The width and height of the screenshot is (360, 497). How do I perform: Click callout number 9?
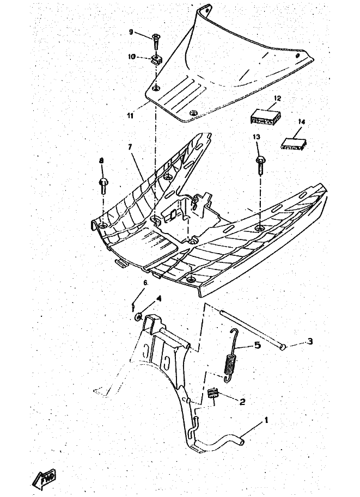pos(131,32)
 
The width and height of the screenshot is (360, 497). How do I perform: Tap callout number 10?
pos(132,56)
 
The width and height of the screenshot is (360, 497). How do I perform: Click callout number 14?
pos(302,122)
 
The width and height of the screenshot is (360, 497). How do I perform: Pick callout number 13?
pos(256,137)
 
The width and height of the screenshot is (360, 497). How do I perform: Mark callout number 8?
pos(101,161)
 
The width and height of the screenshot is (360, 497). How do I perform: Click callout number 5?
pos(257,345)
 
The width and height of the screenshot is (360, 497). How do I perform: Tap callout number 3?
pos(309,341)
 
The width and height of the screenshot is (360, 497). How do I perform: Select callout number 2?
pos(242,402)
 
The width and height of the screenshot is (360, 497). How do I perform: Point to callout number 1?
pos(266,420)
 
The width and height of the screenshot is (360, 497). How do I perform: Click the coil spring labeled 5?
pos(231,361)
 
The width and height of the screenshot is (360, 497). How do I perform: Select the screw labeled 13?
pos(259,164)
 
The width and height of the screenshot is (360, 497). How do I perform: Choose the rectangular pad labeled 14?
pos(293,142)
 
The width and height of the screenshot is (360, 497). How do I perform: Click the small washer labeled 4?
pos(139,315)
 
